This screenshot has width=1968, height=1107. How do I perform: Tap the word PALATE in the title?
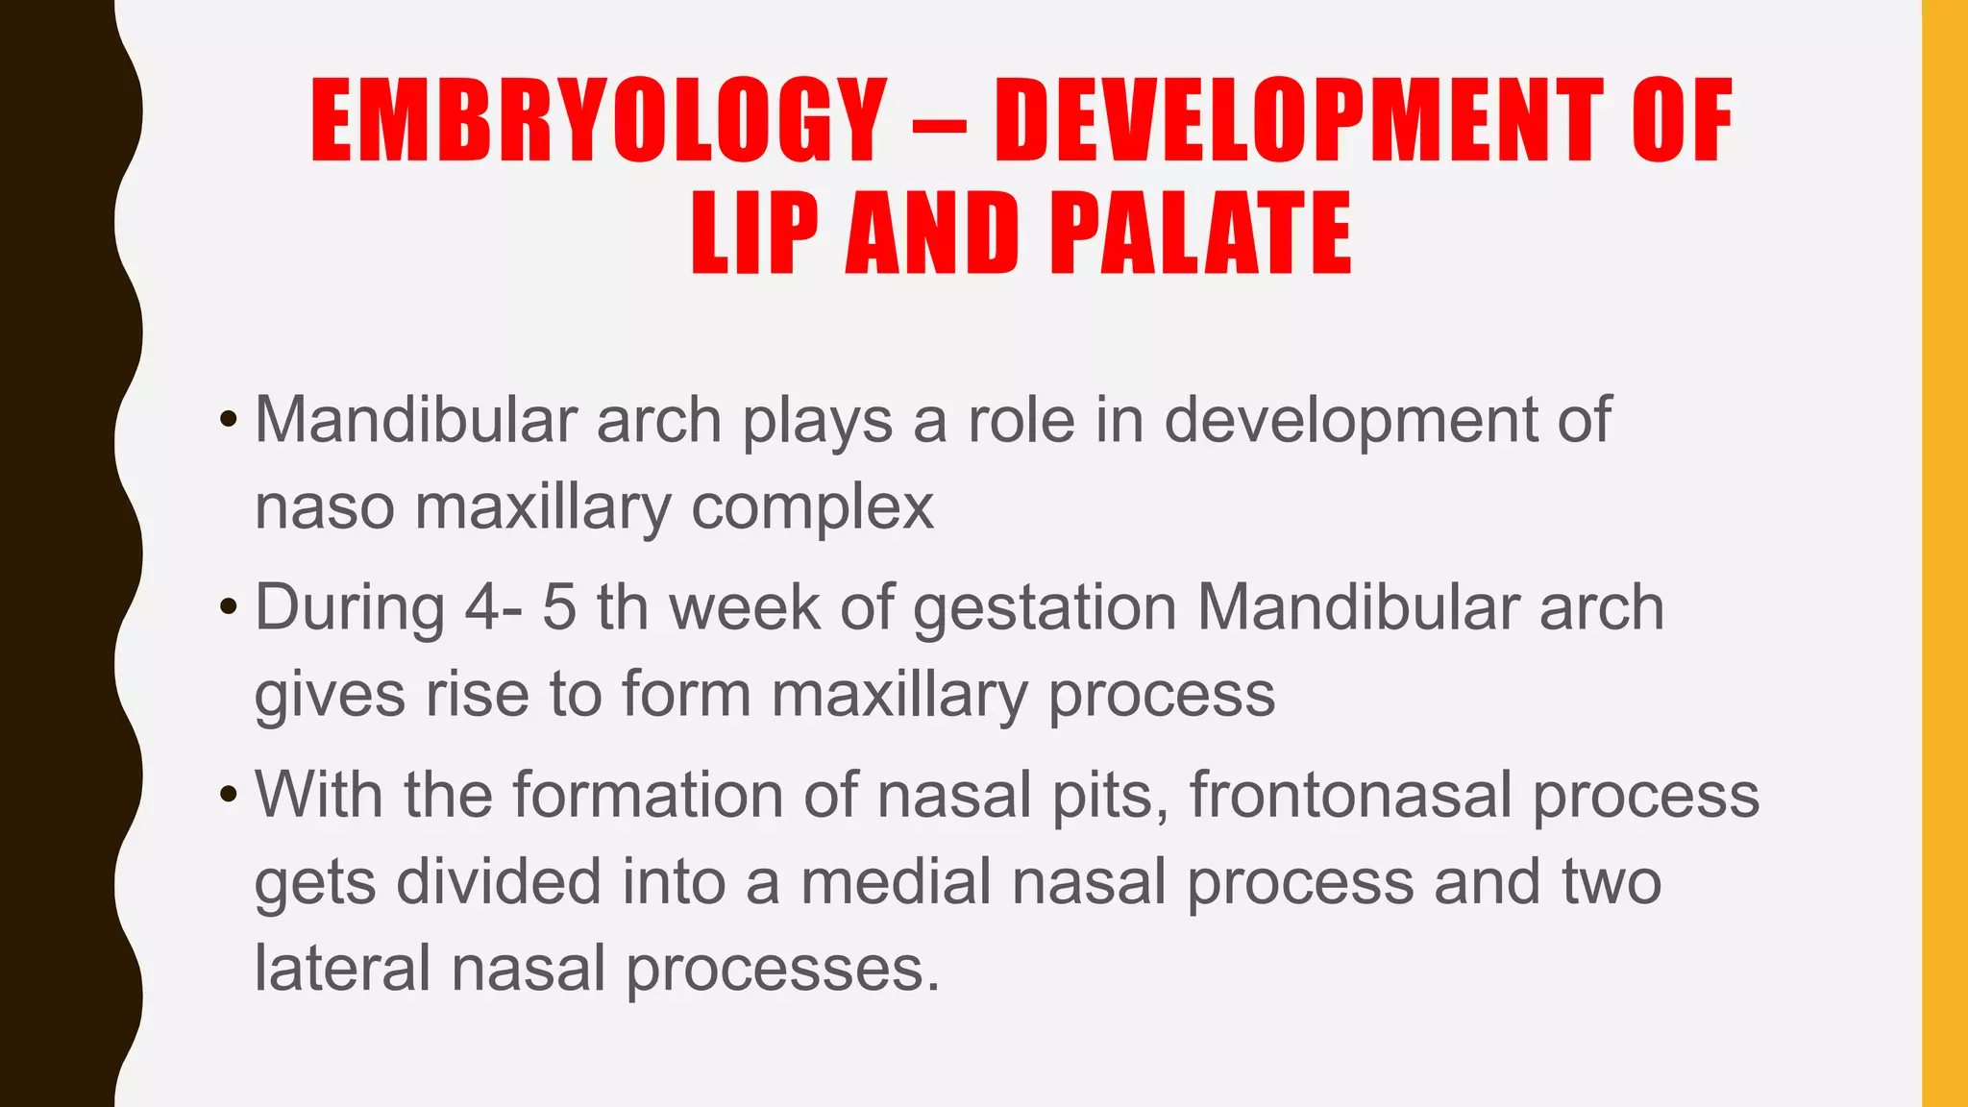[1200, 234]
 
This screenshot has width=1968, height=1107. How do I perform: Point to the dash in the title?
[940, 125]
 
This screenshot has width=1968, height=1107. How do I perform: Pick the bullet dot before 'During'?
[228, 607]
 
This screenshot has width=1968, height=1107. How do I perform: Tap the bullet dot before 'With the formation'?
[228, 795]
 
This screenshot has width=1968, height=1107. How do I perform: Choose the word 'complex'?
[812, 509]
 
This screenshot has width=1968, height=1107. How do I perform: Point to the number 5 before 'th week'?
[558, 607]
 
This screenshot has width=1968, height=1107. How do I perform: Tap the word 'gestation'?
[1045, 609]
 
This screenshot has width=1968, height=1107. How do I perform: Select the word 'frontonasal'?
[1350, 795]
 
